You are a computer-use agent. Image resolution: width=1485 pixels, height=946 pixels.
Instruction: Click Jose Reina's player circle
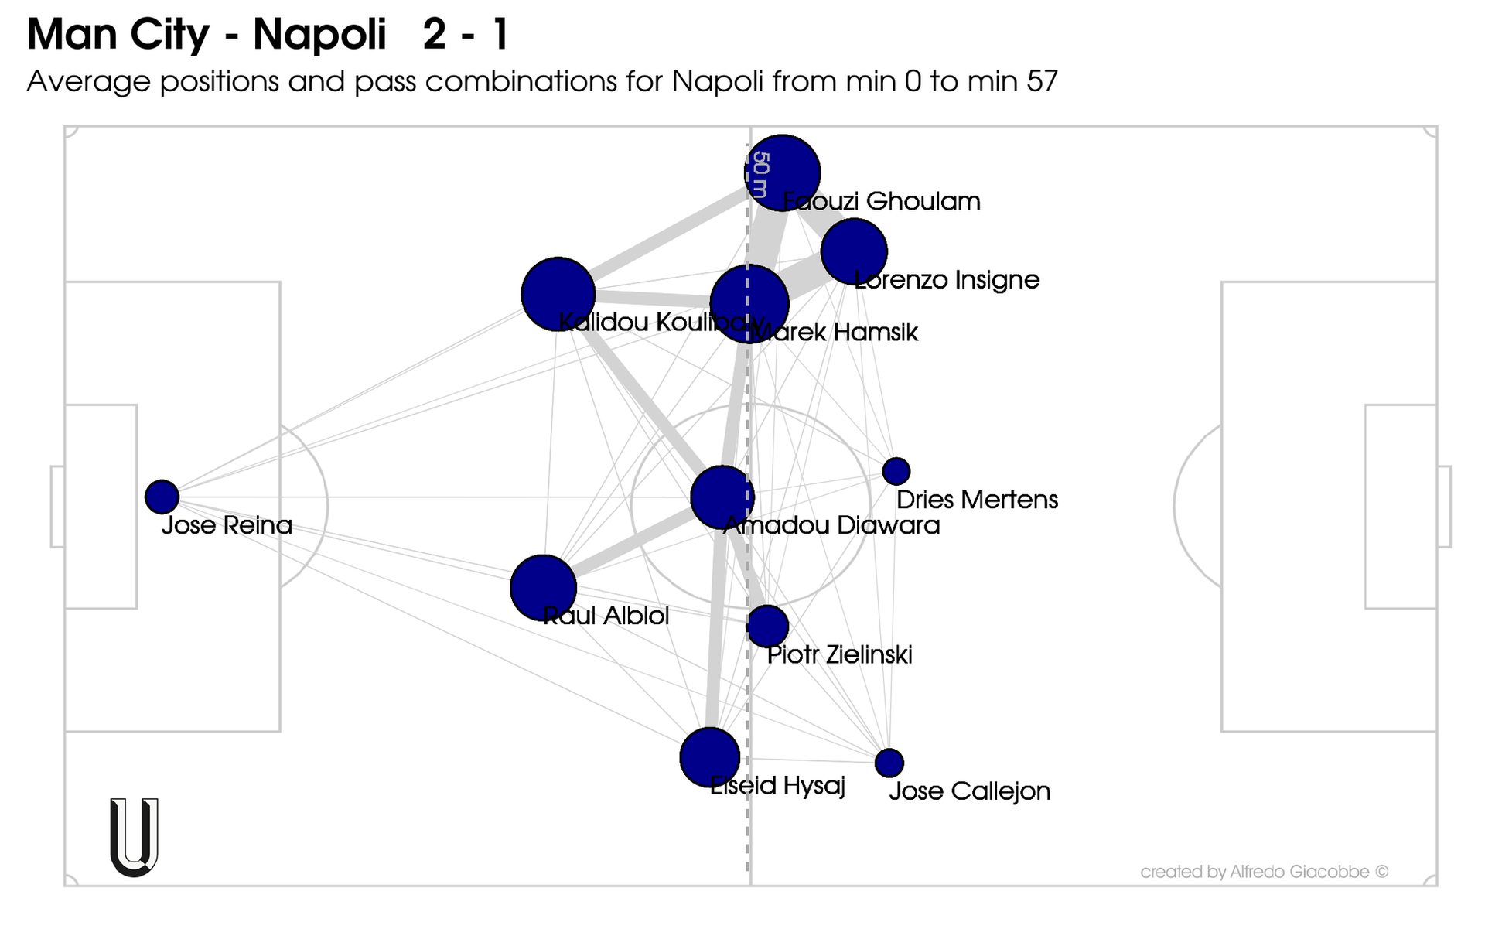162,497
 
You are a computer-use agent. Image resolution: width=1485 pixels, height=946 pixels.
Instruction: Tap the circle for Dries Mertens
896,470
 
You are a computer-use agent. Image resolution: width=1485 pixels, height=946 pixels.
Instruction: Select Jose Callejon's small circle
889,763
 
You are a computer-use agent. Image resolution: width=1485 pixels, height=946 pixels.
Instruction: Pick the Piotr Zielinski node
767,626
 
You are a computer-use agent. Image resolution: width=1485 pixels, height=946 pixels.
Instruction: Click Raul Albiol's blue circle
544,588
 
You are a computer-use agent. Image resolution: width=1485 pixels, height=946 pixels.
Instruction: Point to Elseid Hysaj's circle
709,757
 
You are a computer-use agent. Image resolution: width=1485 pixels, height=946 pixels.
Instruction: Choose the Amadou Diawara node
722,497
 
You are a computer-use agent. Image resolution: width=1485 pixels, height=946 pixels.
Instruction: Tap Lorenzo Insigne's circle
854,251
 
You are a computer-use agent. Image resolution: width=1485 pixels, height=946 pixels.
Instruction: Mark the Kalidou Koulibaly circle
558,295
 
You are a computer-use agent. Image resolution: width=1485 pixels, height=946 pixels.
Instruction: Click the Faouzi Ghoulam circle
782,172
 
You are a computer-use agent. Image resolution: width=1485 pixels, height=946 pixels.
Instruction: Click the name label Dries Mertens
977,500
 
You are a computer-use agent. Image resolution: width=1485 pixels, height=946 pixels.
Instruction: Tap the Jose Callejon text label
969,791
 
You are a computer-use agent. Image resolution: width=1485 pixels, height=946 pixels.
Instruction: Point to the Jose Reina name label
227,526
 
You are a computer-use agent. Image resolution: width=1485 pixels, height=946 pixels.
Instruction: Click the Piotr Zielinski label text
839,655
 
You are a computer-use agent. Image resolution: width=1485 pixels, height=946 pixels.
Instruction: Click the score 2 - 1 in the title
466,35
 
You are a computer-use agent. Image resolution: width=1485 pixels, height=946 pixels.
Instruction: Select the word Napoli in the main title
319,35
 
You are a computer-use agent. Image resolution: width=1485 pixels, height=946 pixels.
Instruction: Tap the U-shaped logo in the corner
135,837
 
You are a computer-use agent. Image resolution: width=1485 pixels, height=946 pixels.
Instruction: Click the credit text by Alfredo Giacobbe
1264,873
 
